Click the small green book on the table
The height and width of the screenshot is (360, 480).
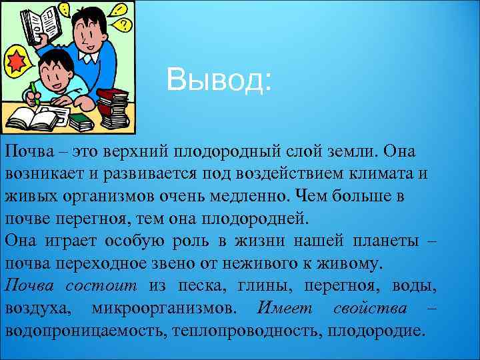[82, 121]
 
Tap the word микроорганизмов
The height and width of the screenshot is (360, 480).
[163, 309]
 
